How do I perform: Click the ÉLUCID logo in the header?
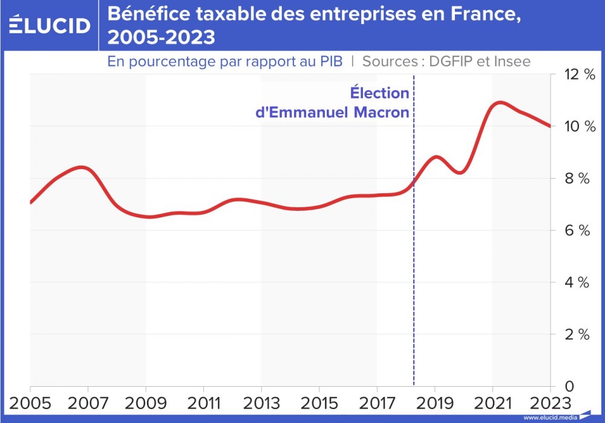pos(50,25)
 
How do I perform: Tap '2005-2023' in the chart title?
pos(161,38)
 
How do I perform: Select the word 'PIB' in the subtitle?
pos(329,61)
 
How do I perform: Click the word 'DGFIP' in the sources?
pos(450,61)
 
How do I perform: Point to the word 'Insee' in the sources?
pos(511,61)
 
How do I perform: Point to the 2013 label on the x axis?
pos(261,402)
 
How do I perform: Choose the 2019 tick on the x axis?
pos(434,402)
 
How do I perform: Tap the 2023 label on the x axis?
pos(548,402)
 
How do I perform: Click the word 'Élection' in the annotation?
pos(380,94)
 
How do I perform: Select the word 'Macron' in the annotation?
pos(381,112)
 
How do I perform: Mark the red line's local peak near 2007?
pos(84,167)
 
